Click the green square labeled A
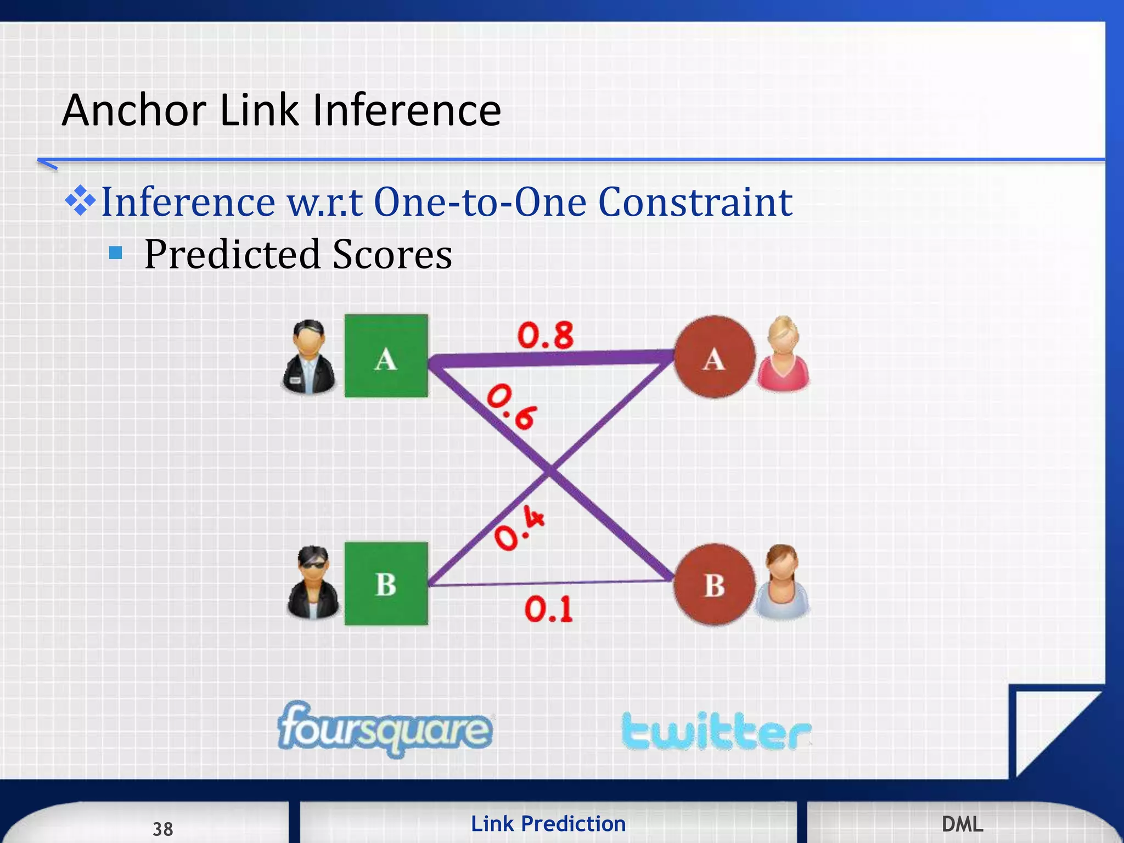386,356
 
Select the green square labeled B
386,583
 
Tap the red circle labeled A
714,357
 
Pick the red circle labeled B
714,585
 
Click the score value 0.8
546,335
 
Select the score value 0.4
519,528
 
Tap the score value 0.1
548,609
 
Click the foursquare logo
385,729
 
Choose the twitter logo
716,731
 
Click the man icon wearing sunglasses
313,583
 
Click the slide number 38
163,829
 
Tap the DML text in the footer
962,824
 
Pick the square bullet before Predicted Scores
115,252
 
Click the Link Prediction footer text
548,824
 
